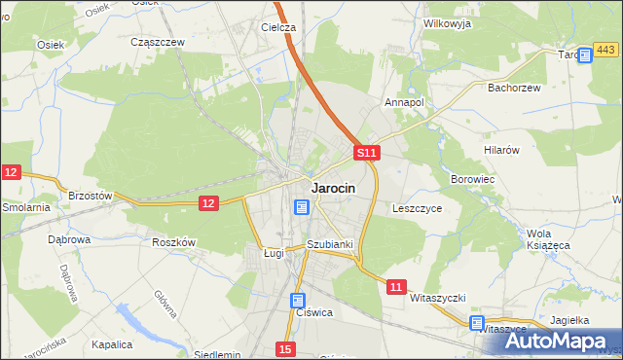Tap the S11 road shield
(365, 153)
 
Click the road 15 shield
(284, 348)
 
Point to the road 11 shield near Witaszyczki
(395, 287)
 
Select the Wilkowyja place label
(448, 21)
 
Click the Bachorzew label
(513, 87)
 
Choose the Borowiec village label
(474, 180)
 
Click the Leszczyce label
(418, 208)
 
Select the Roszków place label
(175, 242)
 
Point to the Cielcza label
(278, 27)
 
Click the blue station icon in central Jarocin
(302, 207)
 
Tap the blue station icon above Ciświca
(298, 302)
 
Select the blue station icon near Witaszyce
(477, 322)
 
